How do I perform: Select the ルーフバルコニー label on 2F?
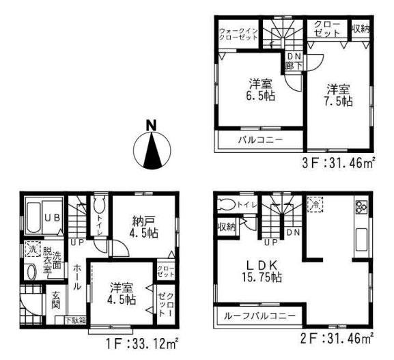coord(257,317)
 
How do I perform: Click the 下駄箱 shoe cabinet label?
coord(75,320)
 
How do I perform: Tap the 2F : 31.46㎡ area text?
coord(345,337)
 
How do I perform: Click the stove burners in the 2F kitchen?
coord(362,208)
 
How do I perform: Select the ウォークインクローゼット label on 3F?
coord(238,35)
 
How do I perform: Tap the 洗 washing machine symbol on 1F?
coord(30,250)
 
